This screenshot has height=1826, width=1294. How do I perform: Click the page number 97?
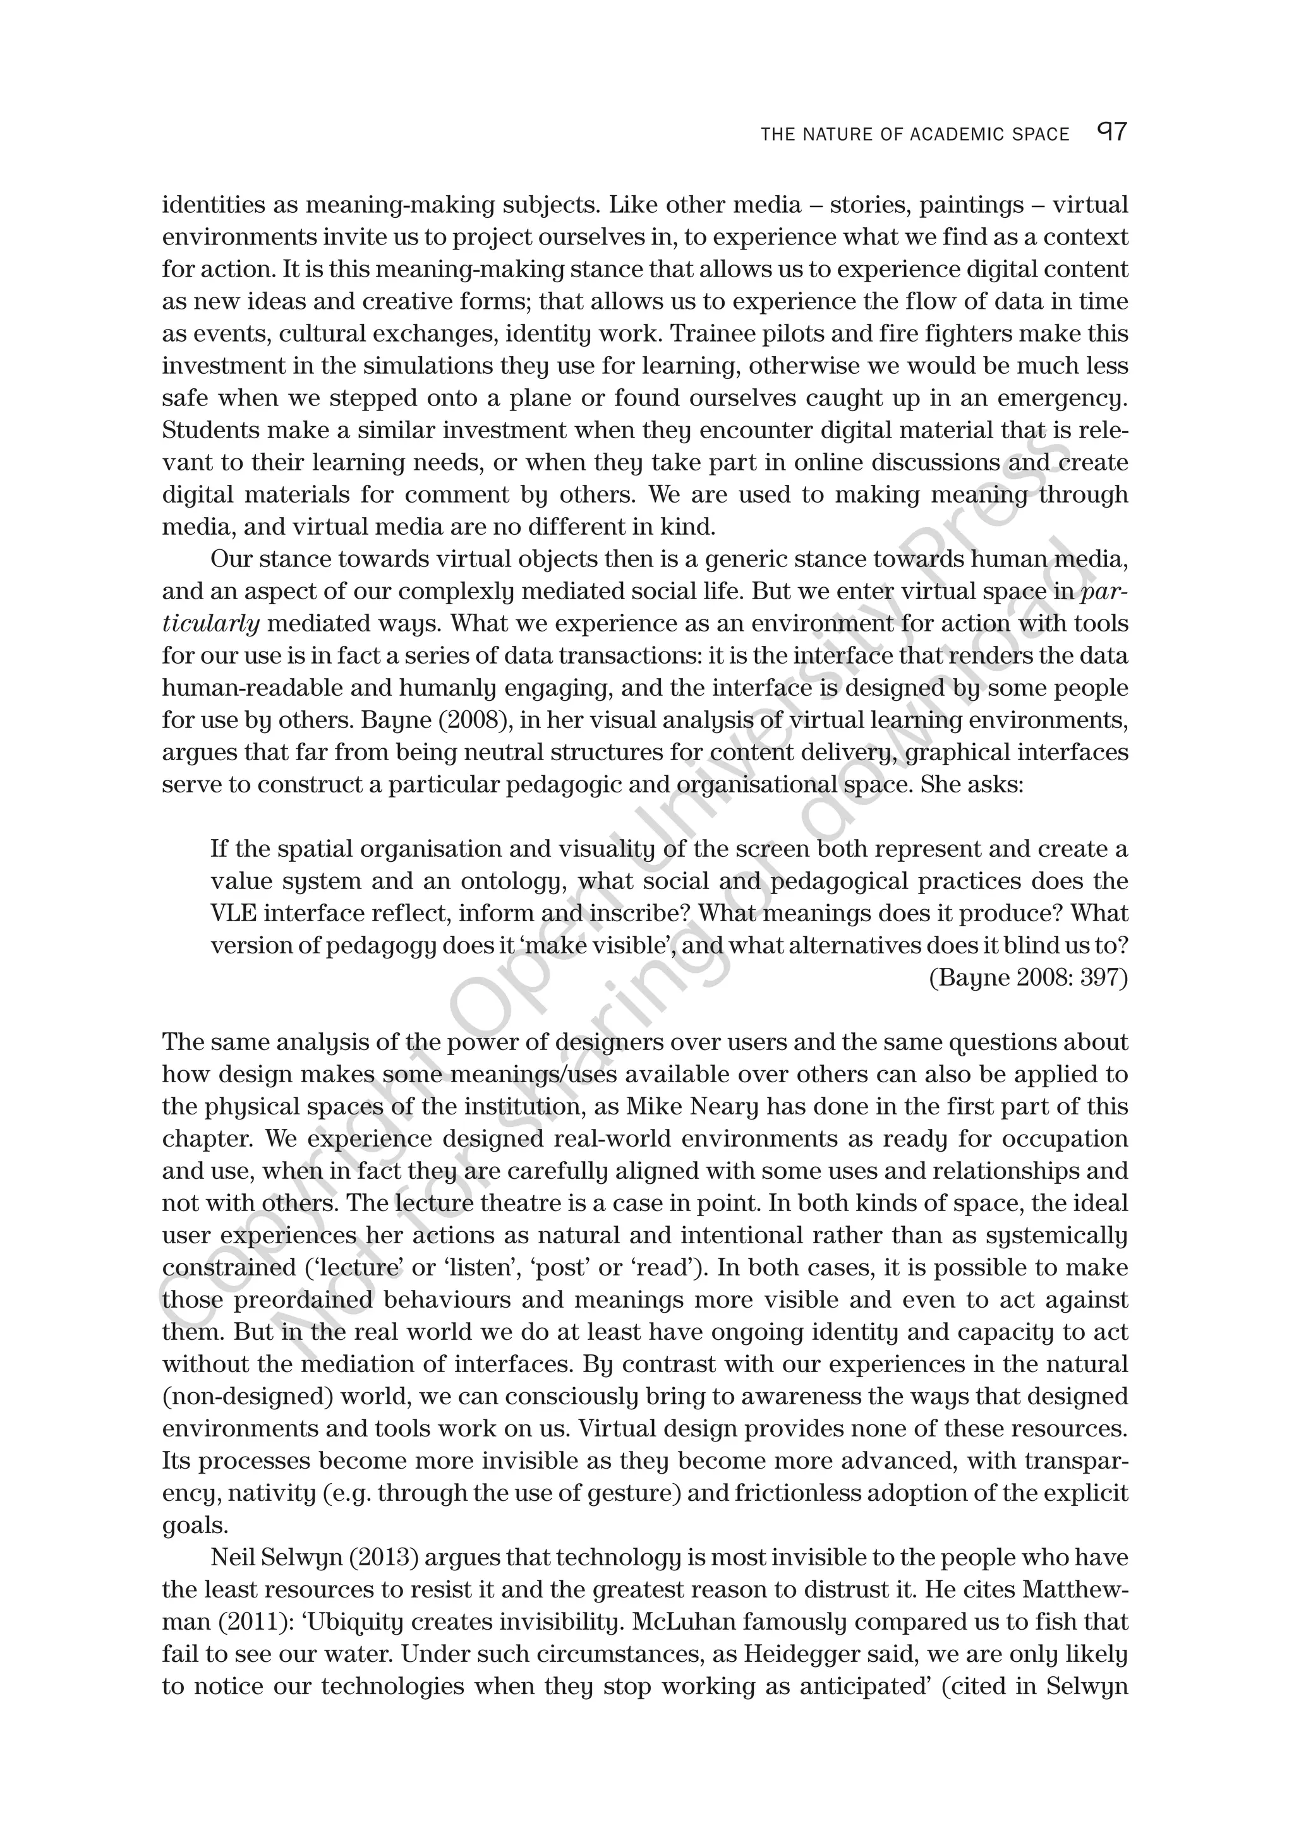(x=1112, y=131)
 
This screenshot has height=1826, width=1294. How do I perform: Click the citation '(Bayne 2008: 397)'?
(x=1028, y=978)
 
